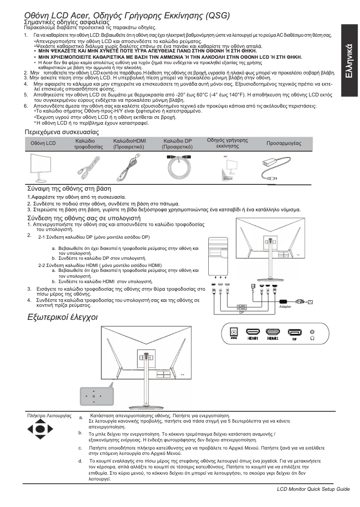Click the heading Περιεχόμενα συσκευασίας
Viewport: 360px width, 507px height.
click(61, 132)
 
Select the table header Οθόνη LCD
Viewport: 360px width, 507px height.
click(43, 143)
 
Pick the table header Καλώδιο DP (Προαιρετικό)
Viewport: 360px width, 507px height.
click(177, 144)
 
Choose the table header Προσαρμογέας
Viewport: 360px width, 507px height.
click(284, 143)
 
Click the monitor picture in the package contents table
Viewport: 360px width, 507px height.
click(44, 167)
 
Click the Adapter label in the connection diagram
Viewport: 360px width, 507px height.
click(285, 306)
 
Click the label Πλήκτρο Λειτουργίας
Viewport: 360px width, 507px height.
click(49, 416)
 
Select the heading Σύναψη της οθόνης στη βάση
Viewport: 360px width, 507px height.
click(69, 188)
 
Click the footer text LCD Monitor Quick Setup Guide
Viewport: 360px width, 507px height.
click(313, 489)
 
